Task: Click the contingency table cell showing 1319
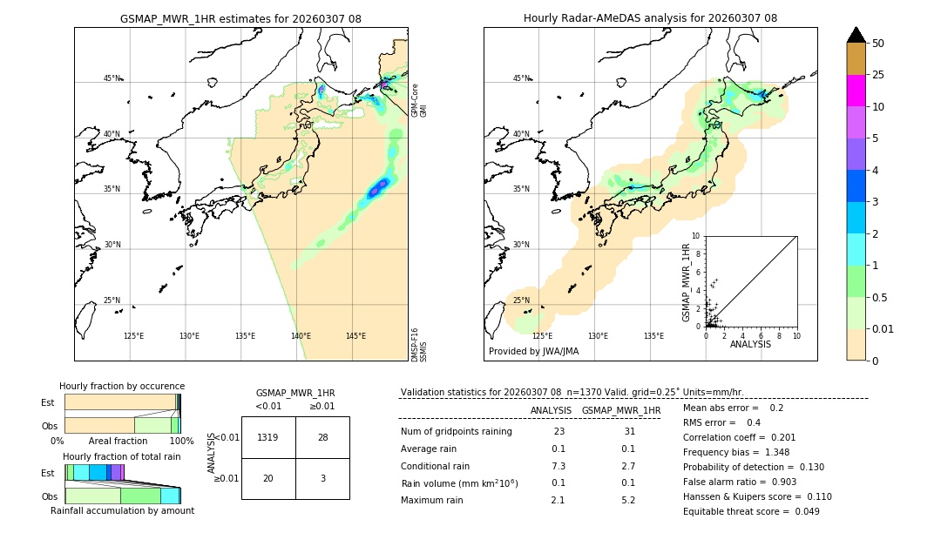pos(268,437)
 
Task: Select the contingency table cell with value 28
pos(322,437)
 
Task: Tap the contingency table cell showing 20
pos(268,478)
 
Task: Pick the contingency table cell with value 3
pos(322,478)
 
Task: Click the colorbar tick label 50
pos(878,44)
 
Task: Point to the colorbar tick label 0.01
pos(883,328)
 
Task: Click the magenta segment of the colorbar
pos(856,91)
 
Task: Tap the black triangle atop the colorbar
pos(856,35)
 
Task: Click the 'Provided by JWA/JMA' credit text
pos(533,351)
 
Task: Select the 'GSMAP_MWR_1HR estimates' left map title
pos(240,18)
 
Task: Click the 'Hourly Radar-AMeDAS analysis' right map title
pos(650,18)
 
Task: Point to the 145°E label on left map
pos(355,336)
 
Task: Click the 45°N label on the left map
pos(112,78)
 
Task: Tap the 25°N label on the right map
pos(521,300)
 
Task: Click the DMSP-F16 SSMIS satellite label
pos(418,344)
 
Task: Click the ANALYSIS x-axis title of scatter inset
pos(750,344)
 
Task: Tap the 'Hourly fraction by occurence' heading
pos(122,386)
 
